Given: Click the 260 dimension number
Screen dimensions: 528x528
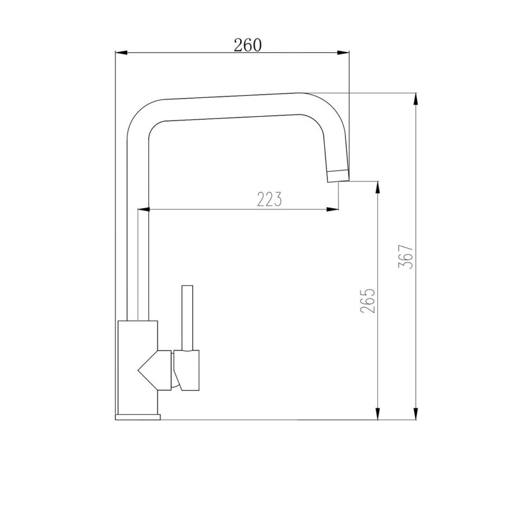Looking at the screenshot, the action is click(x=248, y=45).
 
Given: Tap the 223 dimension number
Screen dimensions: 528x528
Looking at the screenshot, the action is click(x=269, y=199).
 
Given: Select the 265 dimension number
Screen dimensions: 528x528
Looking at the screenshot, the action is click(x=367, y=301).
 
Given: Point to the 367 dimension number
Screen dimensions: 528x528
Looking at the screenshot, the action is click(x=406, y=256).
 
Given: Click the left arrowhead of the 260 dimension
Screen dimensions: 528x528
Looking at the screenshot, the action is click(x=122, y=52).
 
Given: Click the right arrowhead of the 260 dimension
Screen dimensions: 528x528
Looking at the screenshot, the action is click(x=343, y=52).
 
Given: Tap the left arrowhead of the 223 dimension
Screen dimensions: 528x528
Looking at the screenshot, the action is click(x=144, y=210).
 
